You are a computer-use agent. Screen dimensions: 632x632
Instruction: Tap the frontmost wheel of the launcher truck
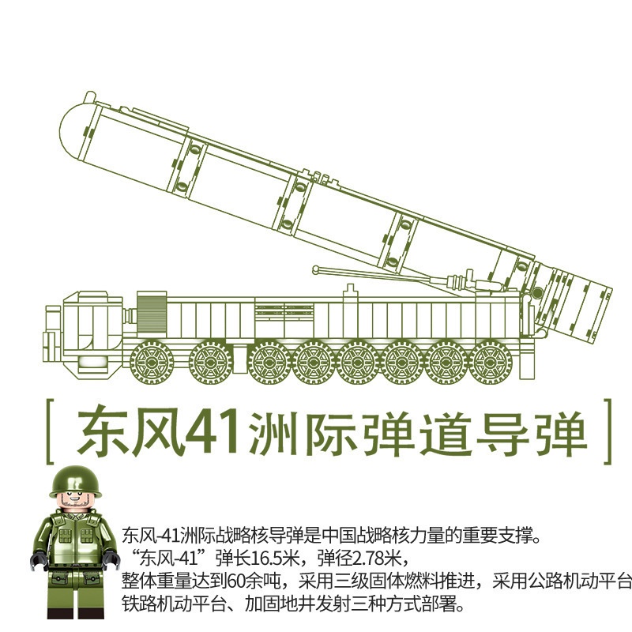(x=152, y=362)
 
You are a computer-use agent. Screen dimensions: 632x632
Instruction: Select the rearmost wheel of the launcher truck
(x=491, y=362)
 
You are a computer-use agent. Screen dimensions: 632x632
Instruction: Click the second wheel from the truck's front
(x=211, y=362)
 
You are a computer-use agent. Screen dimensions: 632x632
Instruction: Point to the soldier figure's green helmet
(x=75, y=482)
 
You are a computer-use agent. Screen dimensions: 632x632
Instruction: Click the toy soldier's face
(x=76, y=499)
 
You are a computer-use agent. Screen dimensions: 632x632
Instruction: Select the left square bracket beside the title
(x=50, y=431)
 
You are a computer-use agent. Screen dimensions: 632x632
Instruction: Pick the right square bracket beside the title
(x=608, y=431)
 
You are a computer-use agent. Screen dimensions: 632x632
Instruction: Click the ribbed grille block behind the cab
(x=152, y=312)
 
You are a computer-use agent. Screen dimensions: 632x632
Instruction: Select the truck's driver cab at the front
(x=92, y=326)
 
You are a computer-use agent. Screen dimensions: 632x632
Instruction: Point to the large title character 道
(x=446, y=434)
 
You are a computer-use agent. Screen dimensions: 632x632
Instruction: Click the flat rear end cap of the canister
(x=600, y=314)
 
